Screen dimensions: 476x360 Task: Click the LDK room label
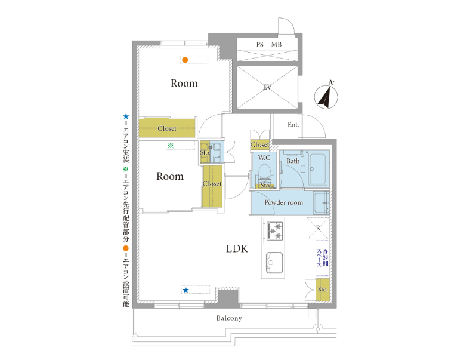237,248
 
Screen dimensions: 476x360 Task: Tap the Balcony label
229,318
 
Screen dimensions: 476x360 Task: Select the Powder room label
283,202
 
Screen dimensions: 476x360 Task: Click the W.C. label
265,158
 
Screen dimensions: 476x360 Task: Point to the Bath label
293,161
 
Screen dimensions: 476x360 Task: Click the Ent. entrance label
293,125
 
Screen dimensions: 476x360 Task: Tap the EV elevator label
267,88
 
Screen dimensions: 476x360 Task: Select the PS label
260,45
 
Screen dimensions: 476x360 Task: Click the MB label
276,45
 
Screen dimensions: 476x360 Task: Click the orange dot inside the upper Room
185,60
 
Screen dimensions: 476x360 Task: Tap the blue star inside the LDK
186,290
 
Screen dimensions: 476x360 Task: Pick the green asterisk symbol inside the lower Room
171,146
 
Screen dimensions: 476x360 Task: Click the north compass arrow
326,97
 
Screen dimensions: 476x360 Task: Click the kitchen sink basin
274,263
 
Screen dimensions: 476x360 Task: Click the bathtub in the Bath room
318,169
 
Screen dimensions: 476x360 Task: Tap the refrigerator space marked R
318,228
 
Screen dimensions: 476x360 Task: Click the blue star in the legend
126,116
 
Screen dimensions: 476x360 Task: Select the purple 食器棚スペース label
322,258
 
